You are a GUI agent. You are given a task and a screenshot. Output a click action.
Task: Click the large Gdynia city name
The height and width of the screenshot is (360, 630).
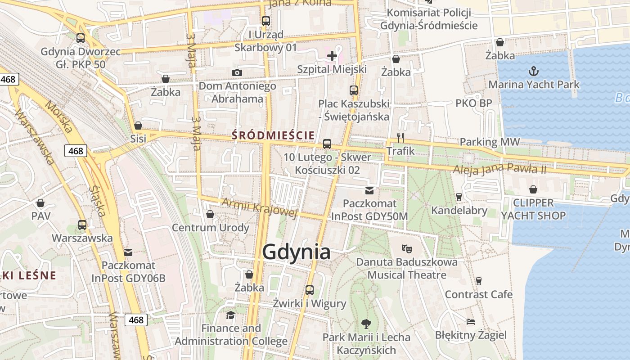click(296, 252)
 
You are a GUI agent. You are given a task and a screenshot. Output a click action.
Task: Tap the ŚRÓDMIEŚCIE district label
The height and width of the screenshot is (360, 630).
click(273, 135)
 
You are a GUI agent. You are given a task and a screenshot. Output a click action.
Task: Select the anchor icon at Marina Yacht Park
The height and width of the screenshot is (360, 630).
click(533, 71)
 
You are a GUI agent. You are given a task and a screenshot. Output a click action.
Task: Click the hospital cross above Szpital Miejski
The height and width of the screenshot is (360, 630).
click(332, 56)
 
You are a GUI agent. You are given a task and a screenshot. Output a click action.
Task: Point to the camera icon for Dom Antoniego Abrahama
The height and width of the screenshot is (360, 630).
click(237, 72)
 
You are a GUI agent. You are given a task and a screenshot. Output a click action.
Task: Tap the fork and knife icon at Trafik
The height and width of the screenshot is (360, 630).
click(400, 137)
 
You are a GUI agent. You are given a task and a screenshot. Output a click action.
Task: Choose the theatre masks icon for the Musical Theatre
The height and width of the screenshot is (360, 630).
click(407, 248)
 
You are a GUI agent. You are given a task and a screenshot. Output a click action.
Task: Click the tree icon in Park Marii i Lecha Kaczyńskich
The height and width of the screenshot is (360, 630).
click(366, 323)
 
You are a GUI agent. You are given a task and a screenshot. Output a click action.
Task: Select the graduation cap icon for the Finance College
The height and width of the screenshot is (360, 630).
click(231, 315)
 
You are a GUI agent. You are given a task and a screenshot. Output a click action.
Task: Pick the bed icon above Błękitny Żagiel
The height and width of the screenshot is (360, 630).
click(470, 322)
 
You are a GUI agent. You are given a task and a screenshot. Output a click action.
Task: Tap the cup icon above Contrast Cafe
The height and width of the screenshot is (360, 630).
click(478, 281)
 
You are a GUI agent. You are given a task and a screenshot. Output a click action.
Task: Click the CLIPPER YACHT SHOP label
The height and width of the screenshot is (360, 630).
click(533, 209)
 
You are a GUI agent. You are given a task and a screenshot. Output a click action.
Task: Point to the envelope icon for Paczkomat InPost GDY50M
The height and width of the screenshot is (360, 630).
click(369, 190)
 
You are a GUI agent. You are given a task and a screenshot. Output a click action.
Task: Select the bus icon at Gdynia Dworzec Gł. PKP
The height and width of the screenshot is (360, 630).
click(81, 38)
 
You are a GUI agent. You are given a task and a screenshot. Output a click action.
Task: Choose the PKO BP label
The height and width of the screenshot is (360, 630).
click(473, 103)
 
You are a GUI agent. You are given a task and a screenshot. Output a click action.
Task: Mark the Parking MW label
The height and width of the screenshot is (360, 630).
click(489, 142)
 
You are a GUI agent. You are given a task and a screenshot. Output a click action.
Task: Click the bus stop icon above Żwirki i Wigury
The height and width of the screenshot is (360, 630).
click(309, 290)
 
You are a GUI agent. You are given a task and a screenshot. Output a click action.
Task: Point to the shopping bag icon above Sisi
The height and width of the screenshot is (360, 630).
click(138, 125)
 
